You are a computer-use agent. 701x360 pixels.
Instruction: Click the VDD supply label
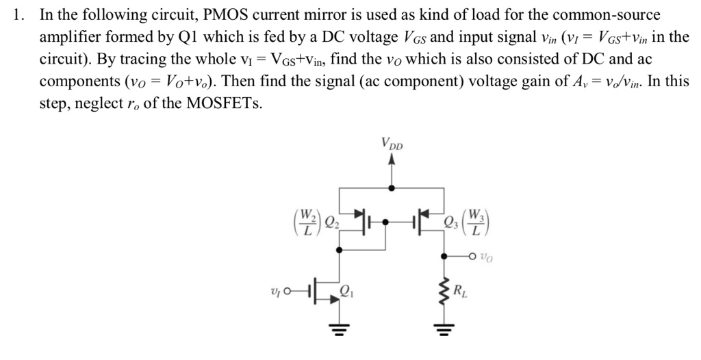(x=392, y=145)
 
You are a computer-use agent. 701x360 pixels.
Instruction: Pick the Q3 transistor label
(x=450, y=220)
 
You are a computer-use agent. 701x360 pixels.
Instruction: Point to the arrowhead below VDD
(x=392, y=160)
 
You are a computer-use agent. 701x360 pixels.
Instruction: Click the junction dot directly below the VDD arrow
(x=392, y=187)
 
